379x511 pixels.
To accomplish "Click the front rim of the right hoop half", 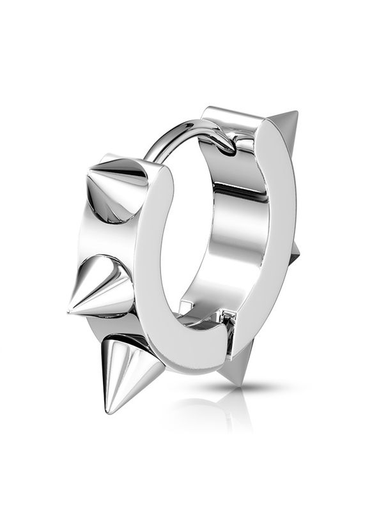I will (268, 243).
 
